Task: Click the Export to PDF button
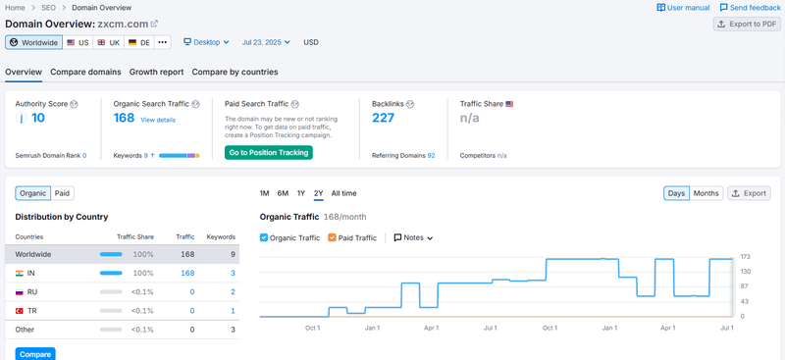(747, 25)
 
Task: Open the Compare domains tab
(85, 72)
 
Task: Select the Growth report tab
(156, 72)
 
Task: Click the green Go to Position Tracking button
(268, 152)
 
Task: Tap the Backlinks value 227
(383, 118)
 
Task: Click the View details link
(158, 120)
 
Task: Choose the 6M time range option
(283, 193)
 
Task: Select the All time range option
(343, 193)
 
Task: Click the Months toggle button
(706, 193)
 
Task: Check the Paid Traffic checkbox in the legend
(332, 237)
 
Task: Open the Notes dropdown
(413, 237)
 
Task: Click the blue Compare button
(35, 353)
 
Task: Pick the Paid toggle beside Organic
(62, 193)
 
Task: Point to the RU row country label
(32, 291)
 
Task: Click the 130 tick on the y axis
(746, 271)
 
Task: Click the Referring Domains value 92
(431, 155)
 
